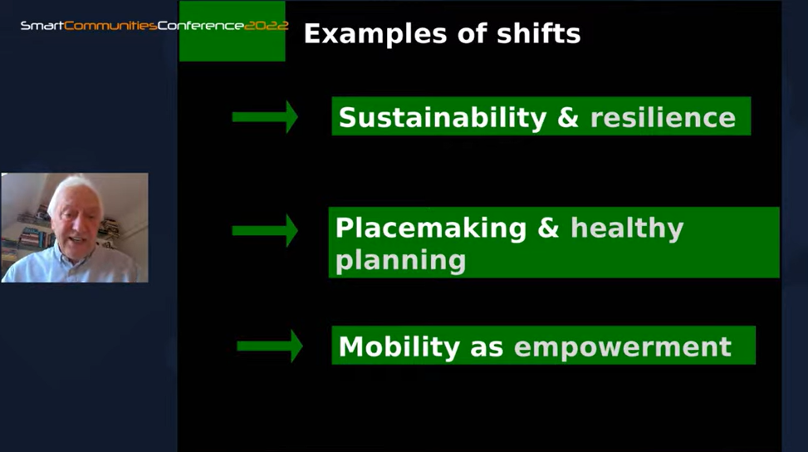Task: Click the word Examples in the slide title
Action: click(x=375, y=34)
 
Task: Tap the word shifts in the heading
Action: click(x=538, y=33)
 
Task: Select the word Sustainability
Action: click(x=443, y=117)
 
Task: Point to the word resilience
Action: click(x=663, y=117)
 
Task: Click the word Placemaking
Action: click(x=431, y=228)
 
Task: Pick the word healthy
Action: click(x=627, y=228)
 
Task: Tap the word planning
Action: click(x=400, y=261)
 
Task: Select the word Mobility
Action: click(x=399, y=346)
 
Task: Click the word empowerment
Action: click(x=623, y=346)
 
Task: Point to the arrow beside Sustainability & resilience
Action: click(x=265, y=117)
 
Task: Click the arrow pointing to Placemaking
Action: click(x=265, y=230)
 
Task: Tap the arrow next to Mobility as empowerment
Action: click(x=270, y=346)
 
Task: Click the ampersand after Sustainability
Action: click(x=568, y=117)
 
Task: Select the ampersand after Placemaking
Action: click(x=548, y=228)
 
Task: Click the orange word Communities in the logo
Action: click(x=110, y=26)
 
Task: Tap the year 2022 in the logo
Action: click(x=266, y=25)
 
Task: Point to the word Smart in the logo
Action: click(x=42, y=26)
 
